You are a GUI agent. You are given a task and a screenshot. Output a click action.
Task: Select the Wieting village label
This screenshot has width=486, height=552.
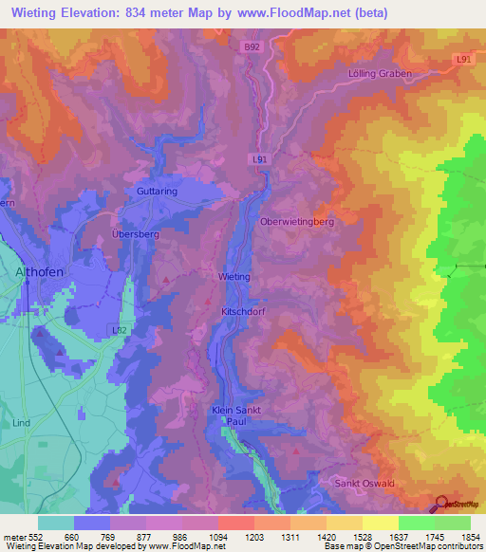(234, 276)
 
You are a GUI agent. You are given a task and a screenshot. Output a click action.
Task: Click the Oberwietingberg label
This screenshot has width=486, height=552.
(298, 221)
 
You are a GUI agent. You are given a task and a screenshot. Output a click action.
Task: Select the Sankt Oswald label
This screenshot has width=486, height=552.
(365, 483)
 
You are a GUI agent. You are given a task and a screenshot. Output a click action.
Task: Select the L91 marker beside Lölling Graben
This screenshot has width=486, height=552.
(462, 59)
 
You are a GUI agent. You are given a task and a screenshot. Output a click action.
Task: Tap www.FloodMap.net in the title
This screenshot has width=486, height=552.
(299, 12)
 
